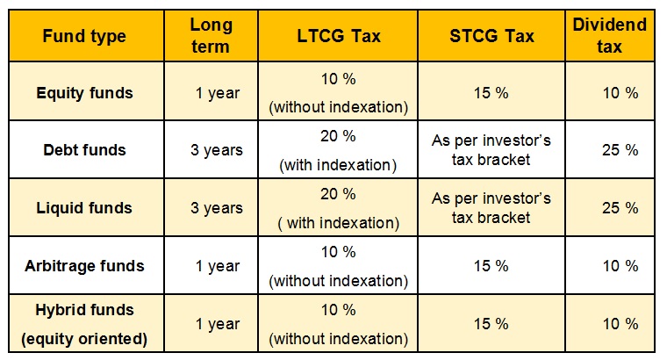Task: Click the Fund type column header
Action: (84, 36)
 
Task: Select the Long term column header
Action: (211, 36)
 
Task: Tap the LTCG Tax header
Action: (338, 36)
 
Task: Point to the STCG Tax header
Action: (491, 36)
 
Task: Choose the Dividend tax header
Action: (610, 36)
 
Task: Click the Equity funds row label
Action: (84, 93)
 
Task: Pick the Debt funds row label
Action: (84, 150)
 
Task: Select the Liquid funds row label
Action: (84, 208)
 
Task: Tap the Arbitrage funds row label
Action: (84, 266)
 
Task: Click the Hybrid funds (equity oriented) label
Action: (84, 324)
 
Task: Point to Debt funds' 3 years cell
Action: (217, 150)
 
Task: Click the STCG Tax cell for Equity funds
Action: (491, 93)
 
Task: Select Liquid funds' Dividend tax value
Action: (620, 208)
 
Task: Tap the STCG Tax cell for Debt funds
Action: (491, 150)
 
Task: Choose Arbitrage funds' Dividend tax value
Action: (620, 266)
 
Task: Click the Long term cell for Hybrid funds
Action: (218, 324)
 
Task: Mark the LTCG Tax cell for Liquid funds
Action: (338, 208)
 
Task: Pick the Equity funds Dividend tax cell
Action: (620, 93)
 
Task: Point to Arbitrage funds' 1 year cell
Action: (218, 266)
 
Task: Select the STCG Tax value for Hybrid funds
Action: (491, 324)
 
